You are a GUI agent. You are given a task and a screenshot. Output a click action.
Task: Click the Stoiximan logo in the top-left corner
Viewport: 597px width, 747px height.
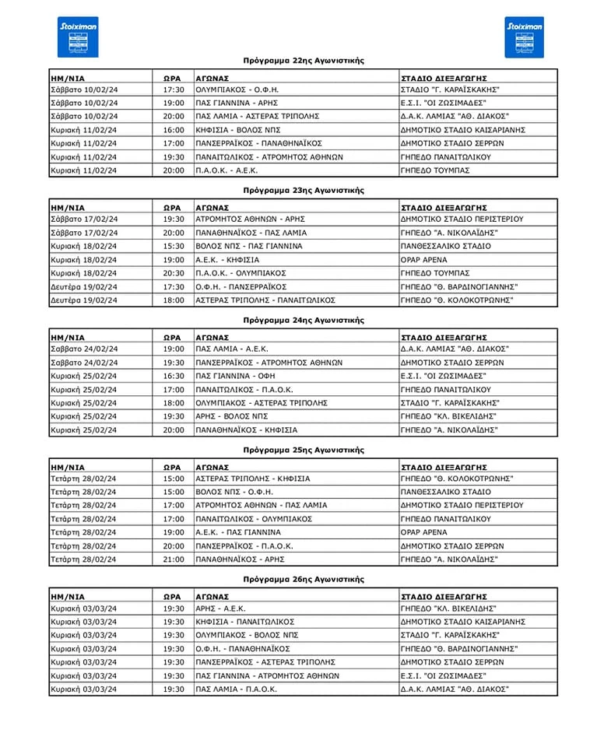pyautogui.click(x=79, y=37)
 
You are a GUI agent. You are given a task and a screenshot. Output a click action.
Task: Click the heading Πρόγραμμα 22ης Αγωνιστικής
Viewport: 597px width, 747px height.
pyautogui.click(x=303, y=60)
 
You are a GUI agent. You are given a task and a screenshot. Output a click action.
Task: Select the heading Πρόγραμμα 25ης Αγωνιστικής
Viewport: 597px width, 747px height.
pyautogui.click(x=303, y=450)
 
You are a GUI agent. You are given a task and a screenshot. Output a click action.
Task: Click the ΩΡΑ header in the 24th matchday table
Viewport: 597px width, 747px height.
pyautogui.click(x=172, y=337)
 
